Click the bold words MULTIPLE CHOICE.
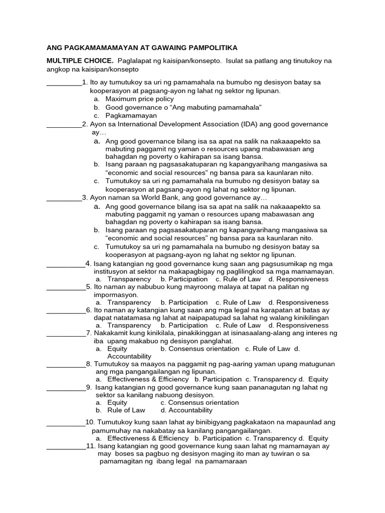80,61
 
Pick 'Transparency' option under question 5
129,303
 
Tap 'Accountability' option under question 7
129,356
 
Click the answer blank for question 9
66,388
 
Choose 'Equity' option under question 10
318,438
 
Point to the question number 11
91,446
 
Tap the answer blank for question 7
66,334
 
